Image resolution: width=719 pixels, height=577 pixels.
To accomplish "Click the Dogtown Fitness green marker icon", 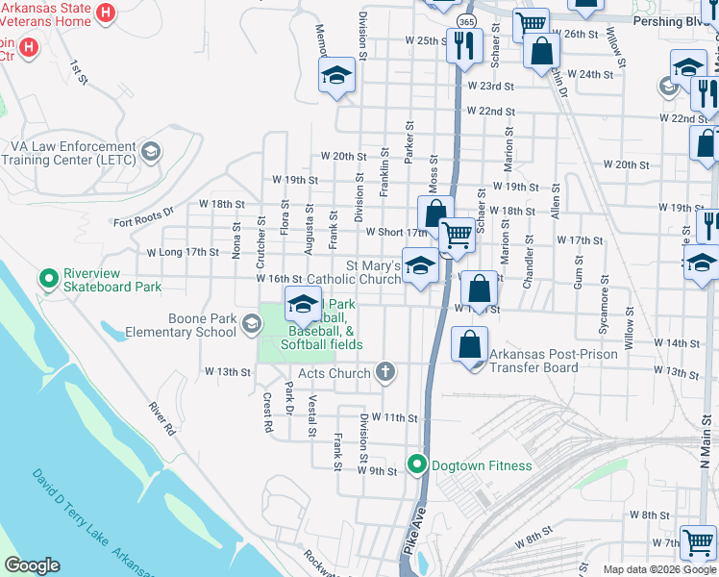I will [x=416, y=465].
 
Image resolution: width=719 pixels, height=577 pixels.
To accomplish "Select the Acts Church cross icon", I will [x=384, y=372].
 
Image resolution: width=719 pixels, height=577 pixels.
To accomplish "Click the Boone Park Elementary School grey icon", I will [x=251, y=324].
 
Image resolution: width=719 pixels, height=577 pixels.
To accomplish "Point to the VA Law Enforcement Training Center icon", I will [x=151, y=152].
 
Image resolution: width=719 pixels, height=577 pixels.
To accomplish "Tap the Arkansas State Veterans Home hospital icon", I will [x=107, y=14].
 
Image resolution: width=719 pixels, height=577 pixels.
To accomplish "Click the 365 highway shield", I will [x=466, y=21].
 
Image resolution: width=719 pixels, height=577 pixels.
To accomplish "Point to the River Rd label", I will [x=161, y=419].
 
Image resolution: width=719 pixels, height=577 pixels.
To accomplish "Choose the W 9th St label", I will [x=377, y=470].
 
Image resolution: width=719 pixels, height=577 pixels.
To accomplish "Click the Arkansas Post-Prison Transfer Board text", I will [x=546, y=360].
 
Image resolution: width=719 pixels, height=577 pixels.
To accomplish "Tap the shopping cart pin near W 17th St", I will [x=457, y=234].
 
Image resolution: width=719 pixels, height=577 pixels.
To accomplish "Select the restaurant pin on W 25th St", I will [x=464, y=44].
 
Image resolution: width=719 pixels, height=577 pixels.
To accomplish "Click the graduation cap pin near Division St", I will [x=335, y=76].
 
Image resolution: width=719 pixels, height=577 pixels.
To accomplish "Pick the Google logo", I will [x=32, y=565].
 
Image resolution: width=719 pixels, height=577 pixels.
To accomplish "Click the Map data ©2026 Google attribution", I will [x=658, y=569].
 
